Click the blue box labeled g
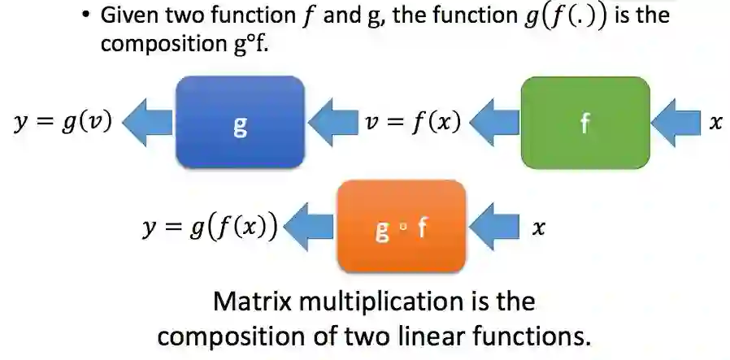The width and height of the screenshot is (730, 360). coord(241,123)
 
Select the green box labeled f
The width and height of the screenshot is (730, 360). coord(584,123)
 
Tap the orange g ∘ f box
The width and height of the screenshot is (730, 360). coord(401,227)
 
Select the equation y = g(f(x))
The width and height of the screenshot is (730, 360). coord(208,228)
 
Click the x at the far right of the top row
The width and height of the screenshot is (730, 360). coord(715,123)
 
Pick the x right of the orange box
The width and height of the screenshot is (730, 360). coord(537,228)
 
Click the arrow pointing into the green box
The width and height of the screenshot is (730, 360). coord(675,123)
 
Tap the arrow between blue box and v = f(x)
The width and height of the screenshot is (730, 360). coord(332,123)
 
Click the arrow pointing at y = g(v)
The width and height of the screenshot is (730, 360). coord(146,123)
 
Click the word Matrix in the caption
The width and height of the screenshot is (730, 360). coord(247,302)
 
